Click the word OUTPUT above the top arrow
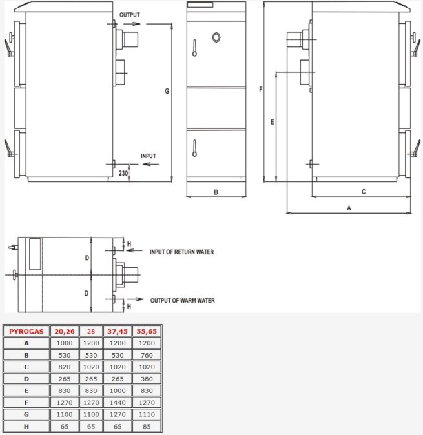pyautogui.click(x=130, y=15)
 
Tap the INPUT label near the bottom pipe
pyautogui.click(x=149, y=156)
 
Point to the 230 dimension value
pyautogui.click(x=123, y=173)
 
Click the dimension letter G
pyautogui.click(x=167, y=91)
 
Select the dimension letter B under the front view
pyautogui.click(x=216, y=192)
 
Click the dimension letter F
pyautogui.click(x=260, y=89)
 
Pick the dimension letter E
pyautogui.click(x=273, y=122)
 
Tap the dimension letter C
pyautogui.click(x=364, y=192)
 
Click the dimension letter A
pyautogui.click(x=349, y=208)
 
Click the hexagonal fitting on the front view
pyautogui.click(x=216, y=37)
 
